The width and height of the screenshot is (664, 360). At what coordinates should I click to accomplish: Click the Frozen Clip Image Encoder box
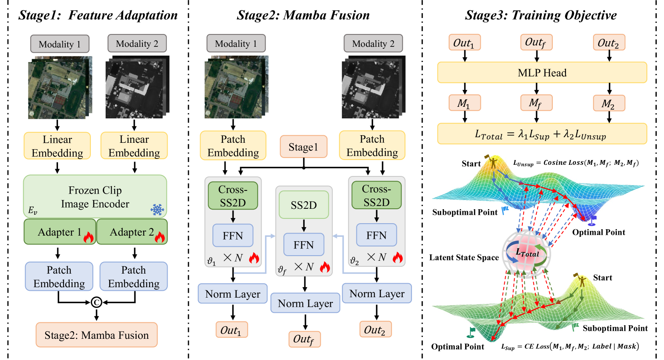[95, 196]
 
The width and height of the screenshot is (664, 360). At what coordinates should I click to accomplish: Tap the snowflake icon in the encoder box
[157, 209]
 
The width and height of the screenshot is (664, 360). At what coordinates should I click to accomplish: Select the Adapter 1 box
[60, 232]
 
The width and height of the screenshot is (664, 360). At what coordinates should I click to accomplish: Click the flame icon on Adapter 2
[160, 237]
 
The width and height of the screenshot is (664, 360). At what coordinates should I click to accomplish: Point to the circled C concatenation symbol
[96, 302]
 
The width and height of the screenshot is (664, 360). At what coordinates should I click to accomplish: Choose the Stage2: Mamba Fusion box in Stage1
[96, 335]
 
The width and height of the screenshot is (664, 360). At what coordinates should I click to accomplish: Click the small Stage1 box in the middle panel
[303, 147]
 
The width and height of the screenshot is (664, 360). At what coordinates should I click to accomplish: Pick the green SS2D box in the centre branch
[304, 205]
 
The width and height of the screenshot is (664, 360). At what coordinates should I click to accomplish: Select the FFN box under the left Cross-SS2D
[233, 236]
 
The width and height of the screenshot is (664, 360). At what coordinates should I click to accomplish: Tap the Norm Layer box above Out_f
[305, 303]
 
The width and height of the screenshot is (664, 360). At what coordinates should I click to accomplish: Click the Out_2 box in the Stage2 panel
[375, 330]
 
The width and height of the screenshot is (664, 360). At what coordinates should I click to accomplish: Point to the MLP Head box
[542, 73]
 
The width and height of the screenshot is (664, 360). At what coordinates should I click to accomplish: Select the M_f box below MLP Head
[536, 103]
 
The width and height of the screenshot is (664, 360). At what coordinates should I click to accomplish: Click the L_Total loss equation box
[542, 134]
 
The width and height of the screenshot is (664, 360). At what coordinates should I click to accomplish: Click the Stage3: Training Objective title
[540, 15]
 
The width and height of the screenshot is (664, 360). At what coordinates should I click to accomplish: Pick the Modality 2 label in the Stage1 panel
[137, 44]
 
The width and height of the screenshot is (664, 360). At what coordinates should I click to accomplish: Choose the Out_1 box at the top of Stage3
[464, 43]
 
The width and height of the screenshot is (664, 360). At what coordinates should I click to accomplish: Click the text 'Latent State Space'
[464, 258]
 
